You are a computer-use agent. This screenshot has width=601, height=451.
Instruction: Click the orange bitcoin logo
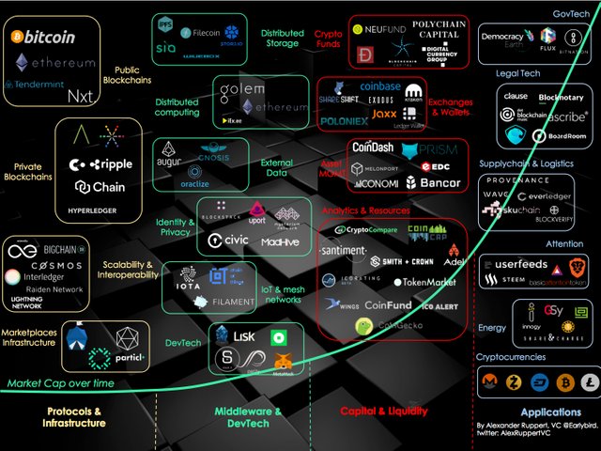point(17,39)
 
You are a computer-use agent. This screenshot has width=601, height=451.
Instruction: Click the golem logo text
point(241,90)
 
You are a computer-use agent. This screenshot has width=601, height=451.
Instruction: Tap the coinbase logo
point(379,86)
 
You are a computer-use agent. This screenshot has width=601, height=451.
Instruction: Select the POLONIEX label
point(347,121)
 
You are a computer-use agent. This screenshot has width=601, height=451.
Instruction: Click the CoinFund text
point(376,304)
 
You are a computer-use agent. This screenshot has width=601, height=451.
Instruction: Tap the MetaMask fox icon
point(281,360)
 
